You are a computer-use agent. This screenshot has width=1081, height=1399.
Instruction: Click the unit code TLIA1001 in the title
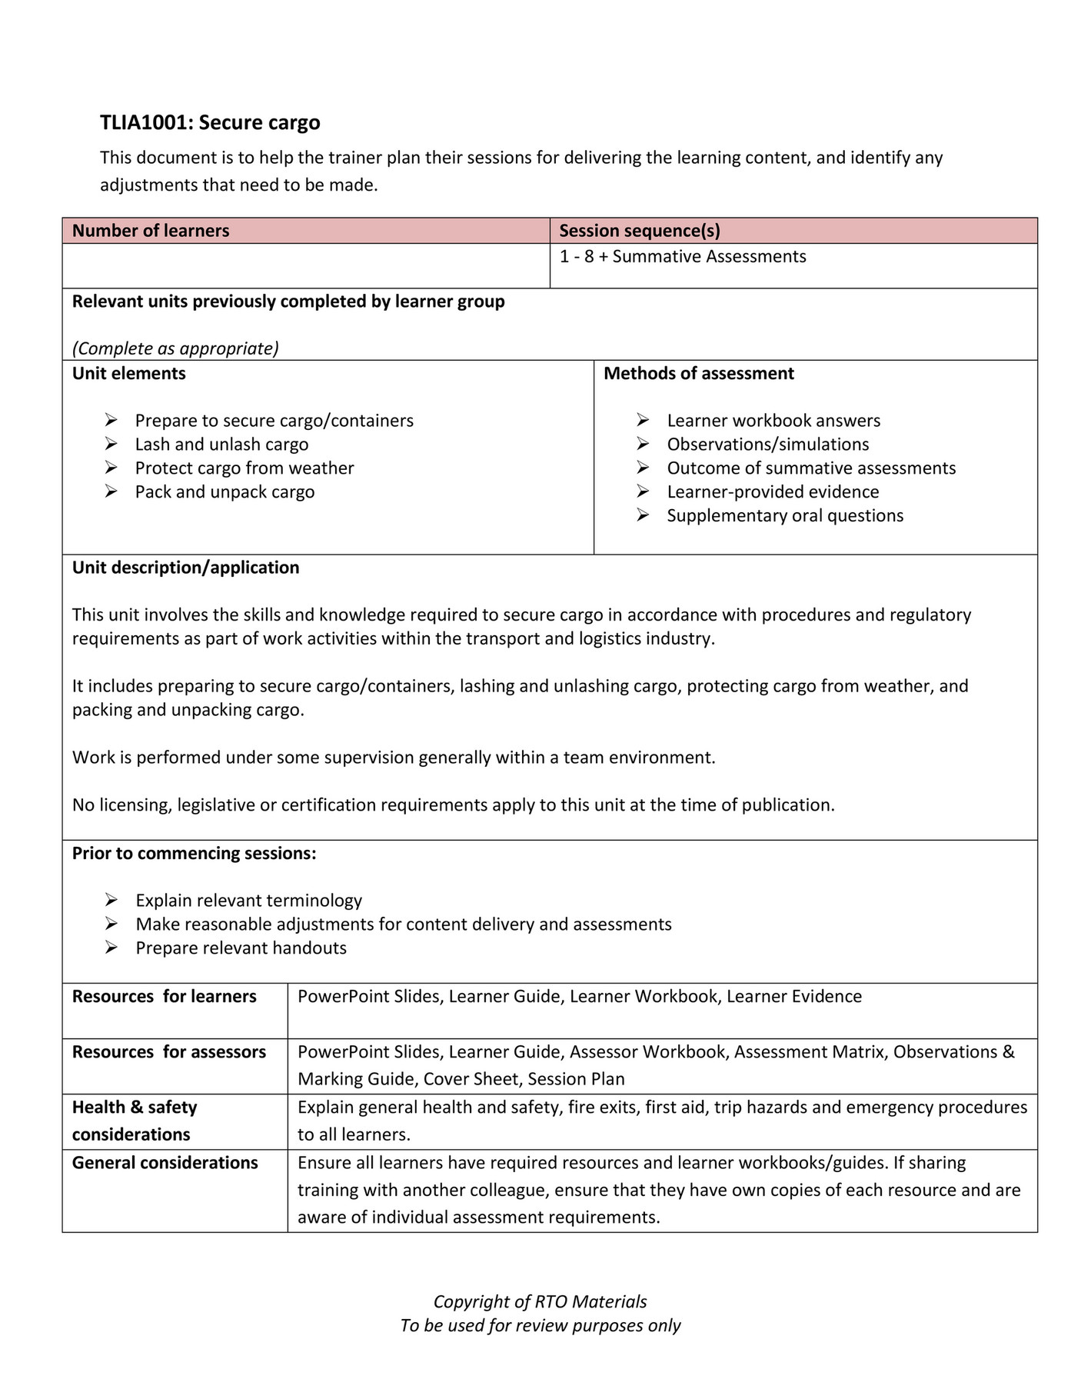142,123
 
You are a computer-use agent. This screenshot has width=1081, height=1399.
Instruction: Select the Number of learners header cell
151,231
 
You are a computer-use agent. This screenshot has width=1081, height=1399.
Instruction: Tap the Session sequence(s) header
639,231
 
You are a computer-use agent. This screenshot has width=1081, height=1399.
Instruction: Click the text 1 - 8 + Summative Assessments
683,256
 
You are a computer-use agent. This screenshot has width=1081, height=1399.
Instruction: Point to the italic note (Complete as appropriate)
175,348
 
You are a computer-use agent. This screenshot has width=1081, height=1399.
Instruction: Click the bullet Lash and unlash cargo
221,445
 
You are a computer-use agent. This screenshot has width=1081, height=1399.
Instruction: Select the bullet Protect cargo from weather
244,468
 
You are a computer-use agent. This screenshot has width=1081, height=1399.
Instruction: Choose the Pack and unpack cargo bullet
225,492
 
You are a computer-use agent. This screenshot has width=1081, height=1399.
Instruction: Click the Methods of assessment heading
698,374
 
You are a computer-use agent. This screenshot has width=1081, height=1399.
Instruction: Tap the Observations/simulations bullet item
767,445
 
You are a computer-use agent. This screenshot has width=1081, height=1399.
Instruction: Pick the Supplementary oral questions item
785,516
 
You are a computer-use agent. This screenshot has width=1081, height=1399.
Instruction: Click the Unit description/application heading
185,568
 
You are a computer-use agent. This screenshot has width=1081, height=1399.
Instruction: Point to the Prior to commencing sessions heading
194,854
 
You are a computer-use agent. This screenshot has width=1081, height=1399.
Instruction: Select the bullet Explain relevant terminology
248,901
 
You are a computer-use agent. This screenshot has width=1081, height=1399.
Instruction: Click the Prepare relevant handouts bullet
241,948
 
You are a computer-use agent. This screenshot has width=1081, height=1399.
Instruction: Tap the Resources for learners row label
164,997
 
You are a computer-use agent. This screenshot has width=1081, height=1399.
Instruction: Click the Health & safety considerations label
135,1121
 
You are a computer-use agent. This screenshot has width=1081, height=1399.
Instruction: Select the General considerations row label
165,1163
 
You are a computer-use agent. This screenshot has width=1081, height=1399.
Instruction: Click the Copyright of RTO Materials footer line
540,1301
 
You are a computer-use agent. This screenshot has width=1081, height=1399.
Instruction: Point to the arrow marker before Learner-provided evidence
643,492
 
